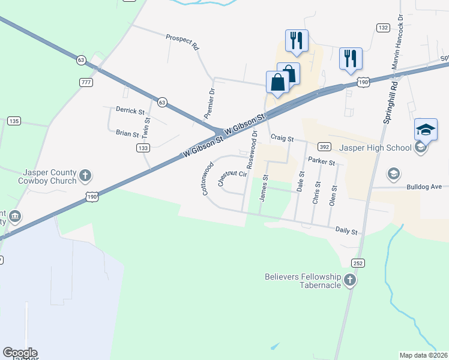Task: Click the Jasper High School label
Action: coord(375,148)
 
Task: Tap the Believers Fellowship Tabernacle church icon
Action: coord(350,280)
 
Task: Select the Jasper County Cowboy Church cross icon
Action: coord(85,175)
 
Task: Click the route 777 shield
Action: coord(85,81)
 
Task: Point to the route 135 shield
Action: coord(14,121)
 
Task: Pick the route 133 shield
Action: coord(142,148)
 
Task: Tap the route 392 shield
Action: coord(324,146)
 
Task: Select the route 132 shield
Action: coord(383,28)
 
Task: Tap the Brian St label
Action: coord(127,134)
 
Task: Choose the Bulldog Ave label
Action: coord(424,187)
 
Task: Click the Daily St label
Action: coord(346,231)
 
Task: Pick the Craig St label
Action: coord(282,138)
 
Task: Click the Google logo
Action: coord(20,353)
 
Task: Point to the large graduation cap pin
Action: coord(426,130)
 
